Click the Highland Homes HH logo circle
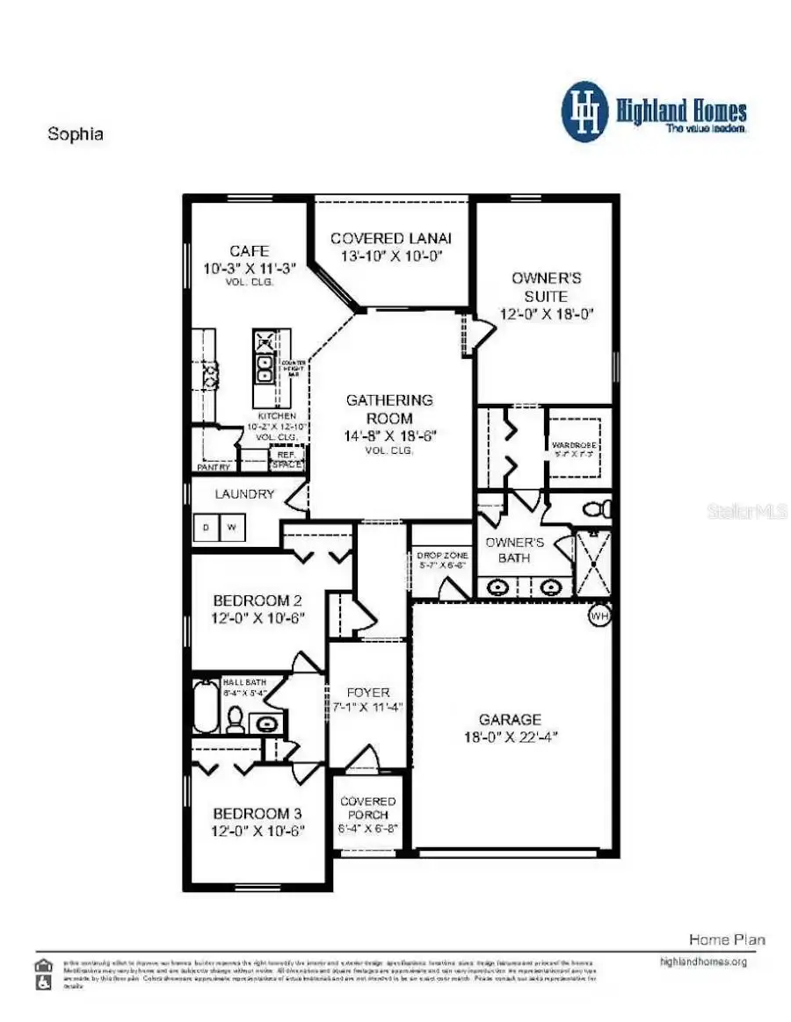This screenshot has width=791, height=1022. click(x=585, y=112)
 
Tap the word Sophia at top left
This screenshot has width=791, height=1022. click(x=75, y=135)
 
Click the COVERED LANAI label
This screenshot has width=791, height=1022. click(x=391, y=238)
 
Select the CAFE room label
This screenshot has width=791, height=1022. click(x=249, y=251)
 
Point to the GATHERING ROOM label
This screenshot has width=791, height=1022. click(x=390, y=409)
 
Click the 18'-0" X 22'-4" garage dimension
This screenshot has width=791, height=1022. click(x=511, y=737)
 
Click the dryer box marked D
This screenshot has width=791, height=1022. click(x=207, y=528)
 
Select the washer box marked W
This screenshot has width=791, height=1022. click(x=232, y=528)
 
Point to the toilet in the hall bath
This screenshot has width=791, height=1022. click(x=236, y=720)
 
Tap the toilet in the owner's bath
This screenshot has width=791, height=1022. click(x=598, y=509)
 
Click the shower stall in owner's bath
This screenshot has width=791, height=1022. click(x=592, y=563)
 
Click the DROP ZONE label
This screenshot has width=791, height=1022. click(x=442, y=556)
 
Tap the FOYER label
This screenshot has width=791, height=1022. click(x=368, y=693)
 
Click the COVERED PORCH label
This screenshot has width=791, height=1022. click(x=368, y=808)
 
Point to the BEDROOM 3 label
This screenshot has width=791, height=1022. click(x=258, y=814)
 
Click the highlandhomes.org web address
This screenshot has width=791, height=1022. click(x=703, y=961)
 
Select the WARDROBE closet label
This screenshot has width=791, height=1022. click(x=575, y=445)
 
